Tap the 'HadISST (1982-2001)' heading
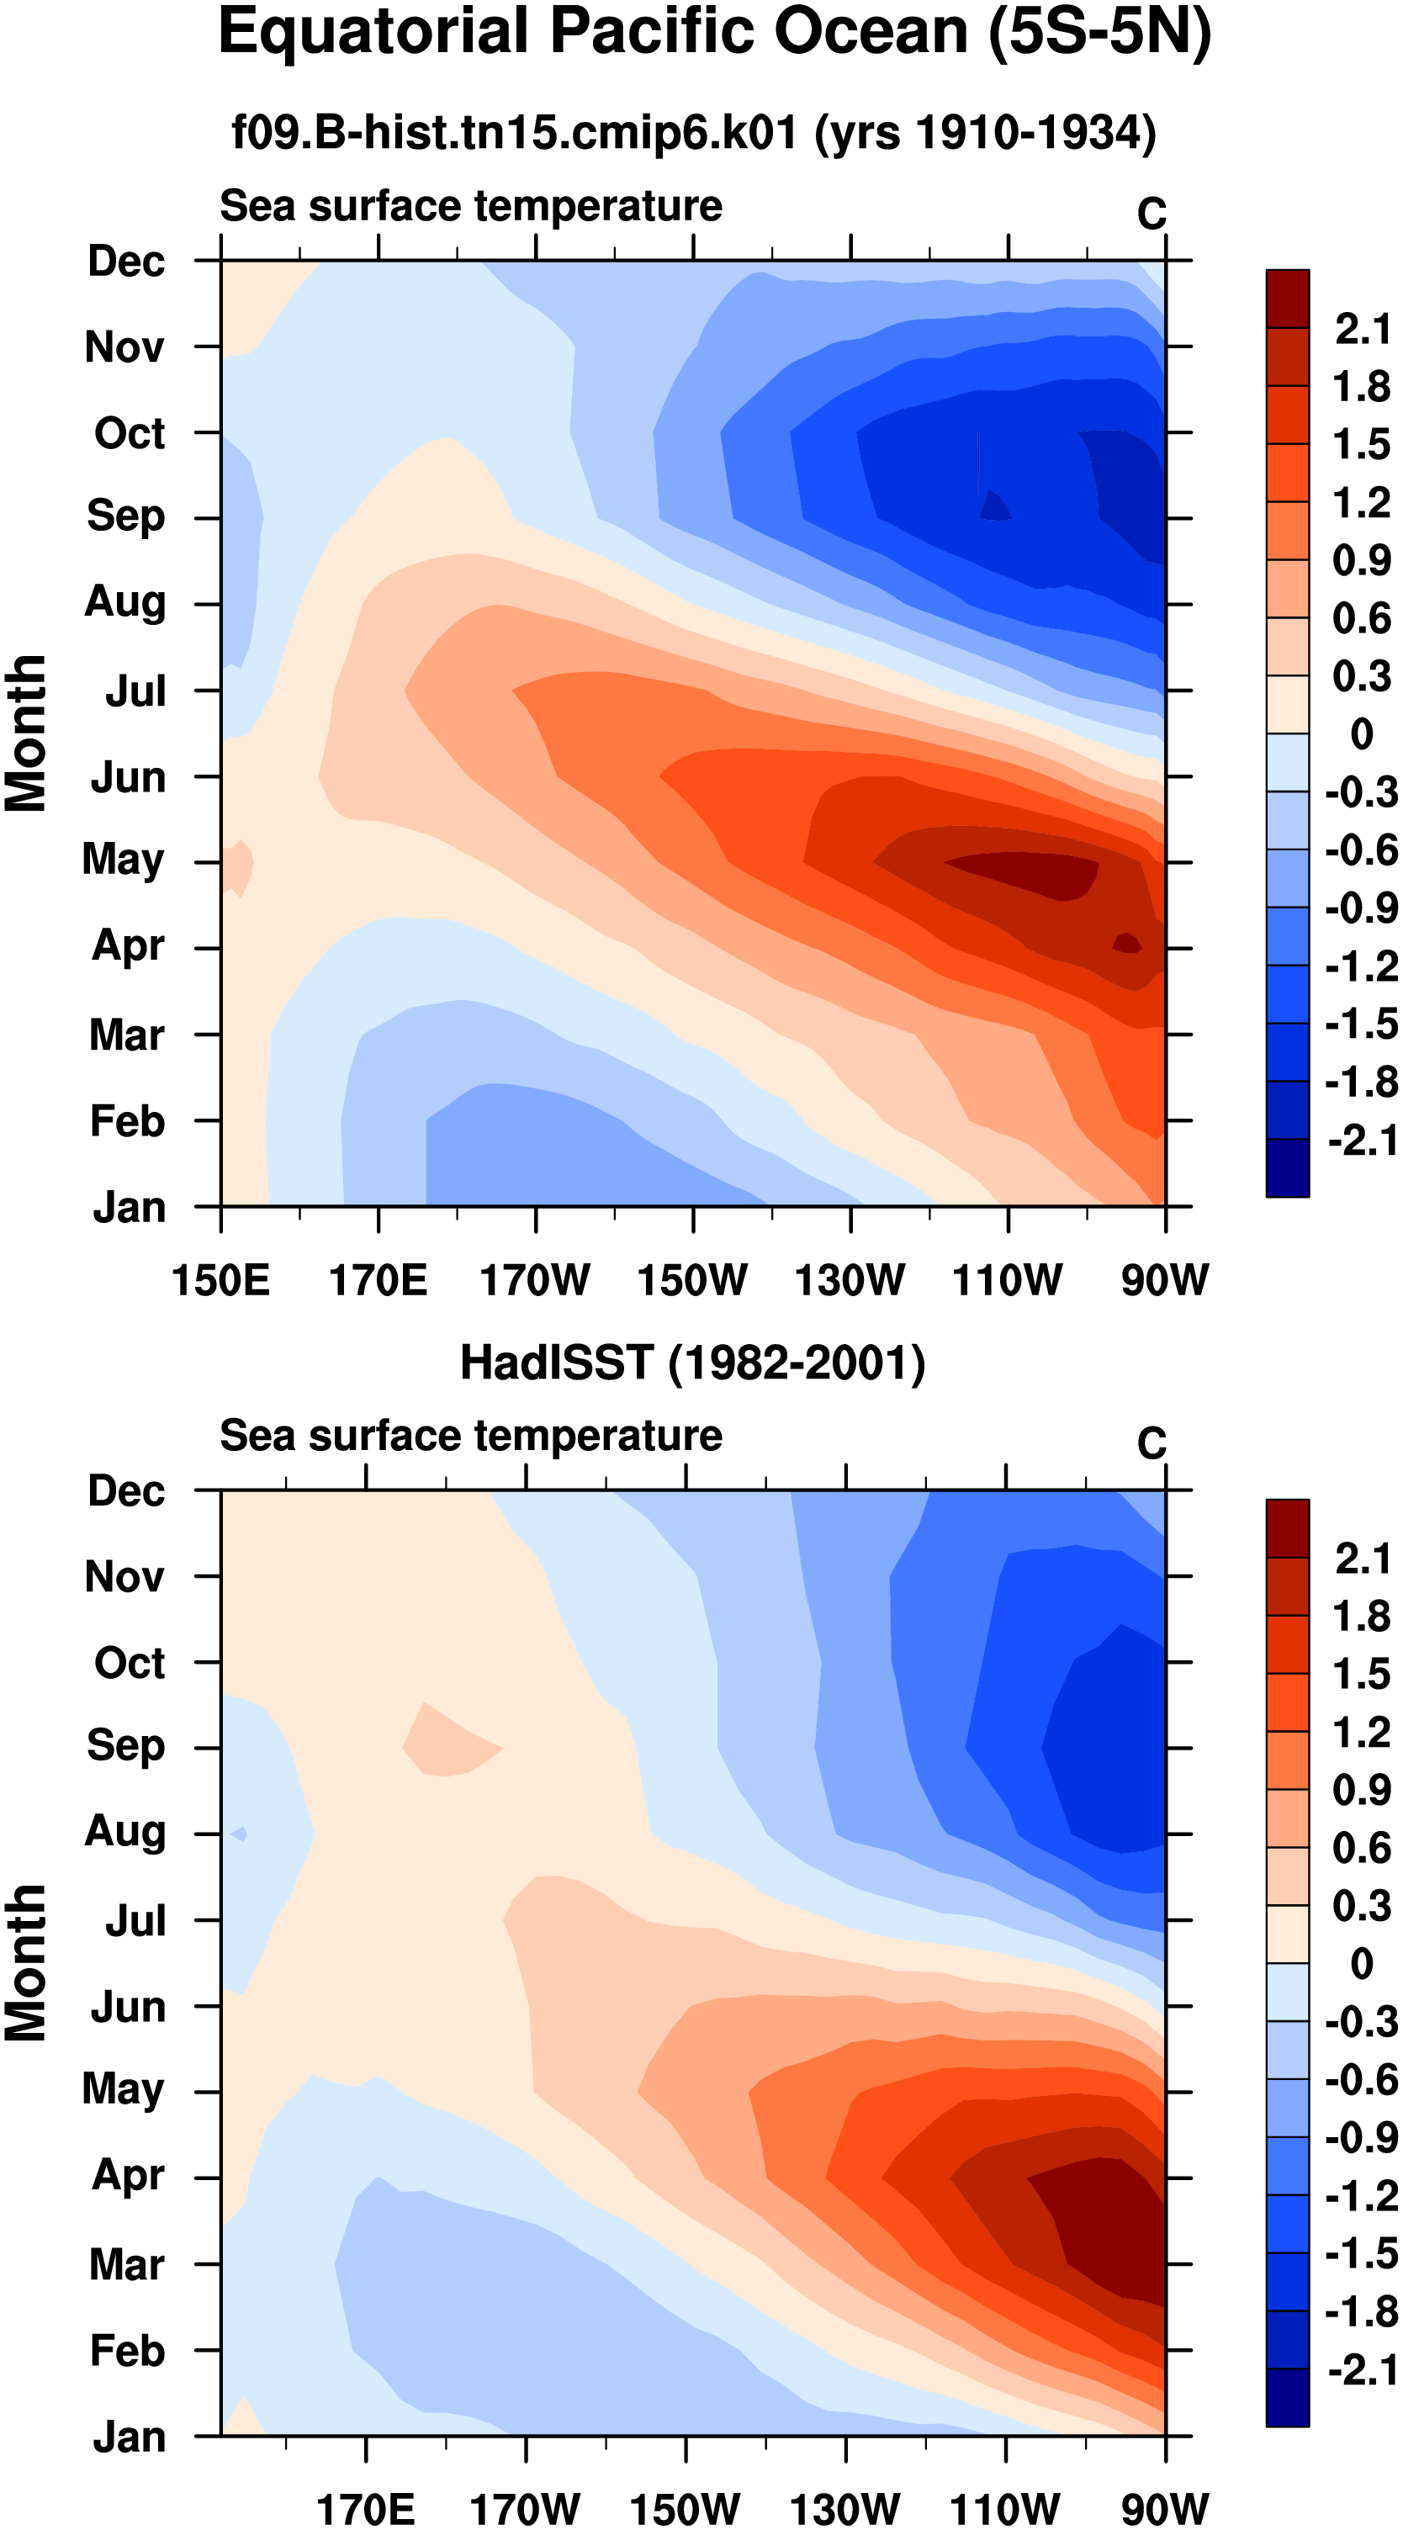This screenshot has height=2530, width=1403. (692, 1363)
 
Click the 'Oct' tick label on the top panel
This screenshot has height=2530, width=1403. (129, 433)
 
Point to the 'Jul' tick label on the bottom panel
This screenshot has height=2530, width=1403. (135, 1921)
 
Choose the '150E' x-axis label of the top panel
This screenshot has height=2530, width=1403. (221, 1281)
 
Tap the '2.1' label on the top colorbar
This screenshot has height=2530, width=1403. (1363, 329)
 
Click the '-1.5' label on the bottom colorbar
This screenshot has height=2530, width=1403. (1361, 2254)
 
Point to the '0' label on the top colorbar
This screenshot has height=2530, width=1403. (1362, 733)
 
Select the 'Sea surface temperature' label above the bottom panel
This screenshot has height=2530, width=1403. (471, 1436)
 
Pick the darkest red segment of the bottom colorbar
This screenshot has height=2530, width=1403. (1287, 1528)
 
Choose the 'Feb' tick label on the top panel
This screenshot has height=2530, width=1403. (128, 1120)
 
